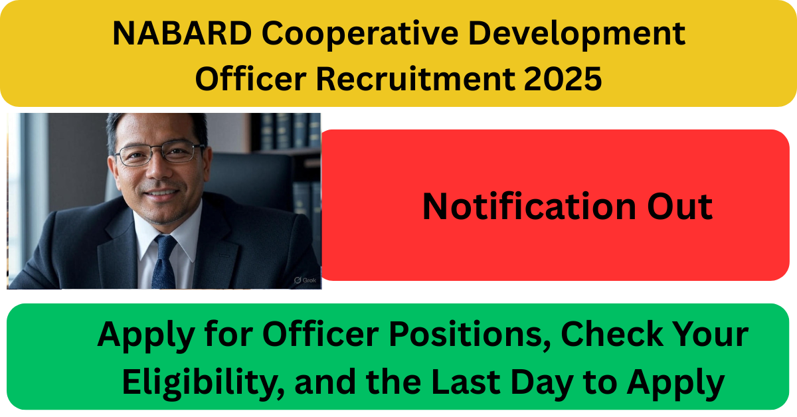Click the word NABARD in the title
pyautogui.click(x=183, y=33)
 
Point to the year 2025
pyautogui.click(x=563, y=78)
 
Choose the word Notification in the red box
pyautogui.click(x=529, y=207)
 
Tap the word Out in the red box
pyautogui.click(x=680, y=207)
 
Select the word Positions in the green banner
pyautogui.click(x=470, y=335)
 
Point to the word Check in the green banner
pyautogui.click(x=612, y=334)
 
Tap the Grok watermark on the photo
pyautogui.click(x=306, y=280)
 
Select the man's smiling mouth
pyautogui.click(x=162, y=193)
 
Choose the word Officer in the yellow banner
pyautogui.click(x=251, y=78)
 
